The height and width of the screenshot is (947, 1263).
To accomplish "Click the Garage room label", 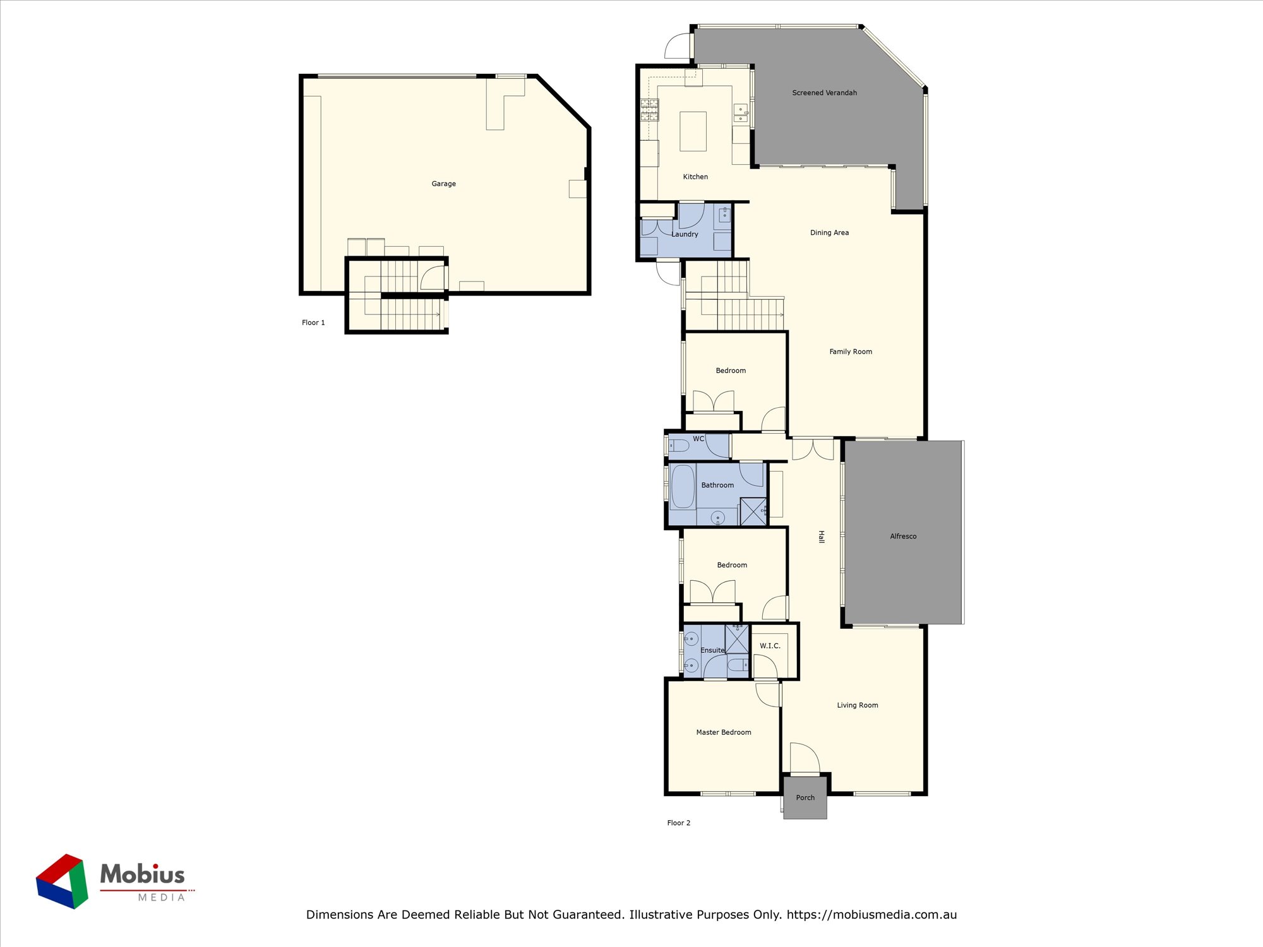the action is [443, 184].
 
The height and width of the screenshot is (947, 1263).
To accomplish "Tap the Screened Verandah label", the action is [825, 93].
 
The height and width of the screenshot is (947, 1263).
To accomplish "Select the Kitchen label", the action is [695, 177].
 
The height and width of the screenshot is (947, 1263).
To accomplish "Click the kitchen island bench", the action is [693, 131].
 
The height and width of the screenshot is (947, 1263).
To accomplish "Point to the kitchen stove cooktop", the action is [650, 110].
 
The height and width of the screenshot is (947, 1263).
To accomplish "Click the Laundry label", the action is [685, 234].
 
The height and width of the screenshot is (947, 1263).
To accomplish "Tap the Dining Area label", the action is [829, 233].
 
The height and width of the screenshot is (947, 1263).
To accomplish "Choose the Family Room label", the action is [851, 352].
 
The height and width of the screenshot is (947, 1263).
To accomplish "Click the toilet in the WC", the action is [679, 446].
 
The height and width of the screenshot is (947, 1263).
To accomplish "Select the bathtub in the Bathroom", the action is [683, 486].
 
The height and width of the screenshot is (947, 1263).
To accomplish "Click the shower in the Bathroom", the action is [753, 511].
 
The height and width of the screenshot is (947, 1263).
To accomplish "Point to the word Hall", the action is [821, 537].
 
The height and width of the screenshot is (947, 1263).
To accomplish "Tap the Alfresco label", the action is [903, 537].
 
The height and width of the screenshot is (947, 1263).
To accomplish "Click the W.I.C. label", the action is [770, 646].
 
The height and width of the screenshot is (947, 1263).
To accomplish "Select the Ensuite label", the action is [712, 650].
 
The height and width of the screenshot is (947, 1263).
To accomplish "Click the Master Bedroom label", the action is [724, 732].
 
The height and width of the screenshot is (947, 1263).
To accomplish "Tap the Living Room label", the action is [858, 705].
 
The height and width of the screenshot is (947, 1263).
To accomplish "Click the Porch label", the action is [805, 798].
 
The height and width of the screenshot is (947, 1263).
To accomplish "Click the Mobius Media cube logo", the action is [62, 881].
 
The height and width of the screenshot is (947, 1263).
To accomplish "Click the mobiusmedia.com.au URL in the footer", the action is [871, 914].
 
